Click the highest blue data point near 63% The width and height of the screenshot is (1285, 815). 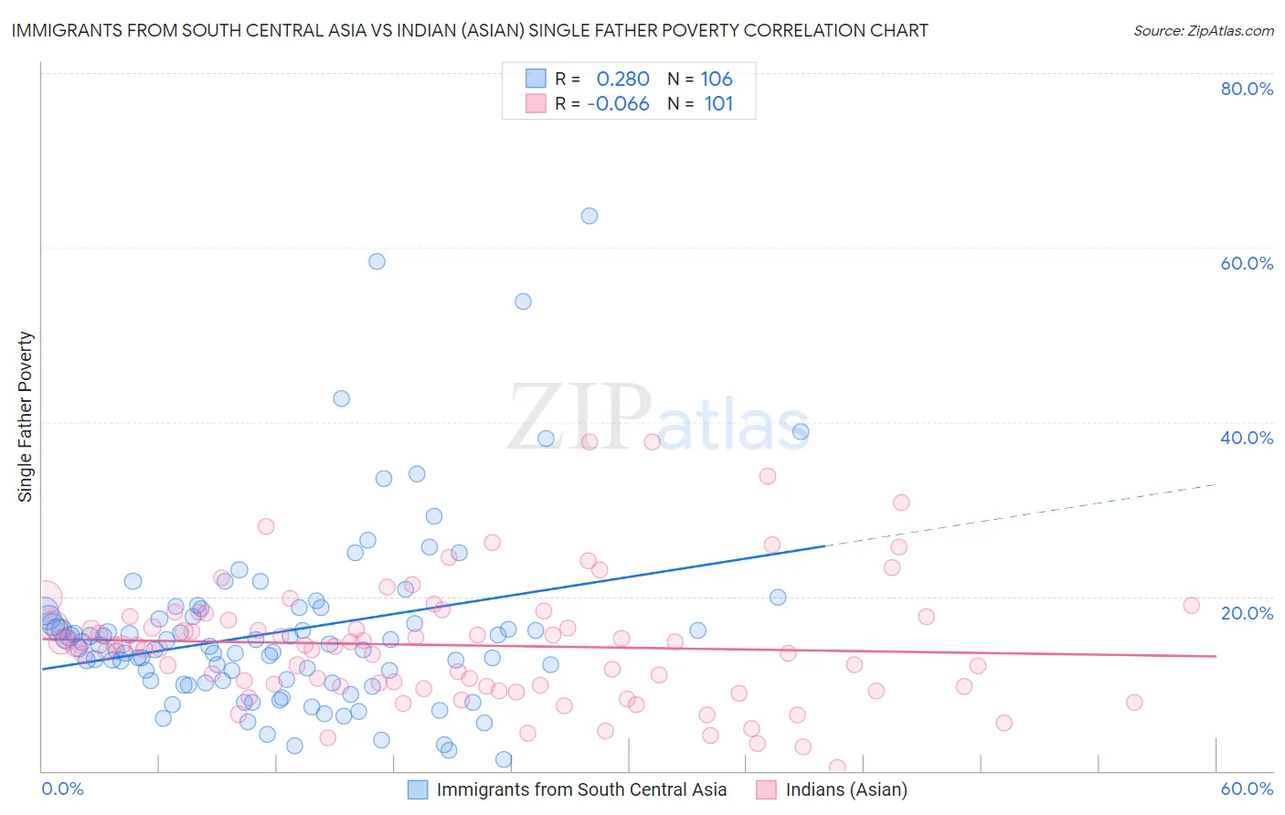click(589, 216)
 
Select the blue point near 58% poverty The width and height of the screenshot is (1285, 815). click(377, 261)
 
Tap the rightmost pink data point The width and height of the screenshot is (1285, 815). click(1191, 605)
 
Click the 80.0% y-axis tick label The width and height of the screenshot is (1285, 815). click(1247, 89)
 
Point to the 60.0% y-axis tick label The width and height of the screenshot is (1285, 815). click(1247, 263)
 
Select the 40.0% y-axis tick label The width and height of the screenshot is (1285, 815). click(1247, 438)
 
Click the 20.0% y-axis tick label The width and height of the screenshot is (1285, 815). click(1247, 613)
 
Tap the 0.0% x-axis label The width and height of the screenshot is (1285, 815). click(62, 789)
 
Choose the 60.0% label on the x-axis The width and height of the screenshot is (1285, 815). click(1247, 789)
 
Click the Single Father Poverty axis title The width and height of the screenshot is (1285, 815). click(26, 417)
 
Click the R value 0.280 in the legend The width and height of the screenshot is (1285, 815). click(622, 79)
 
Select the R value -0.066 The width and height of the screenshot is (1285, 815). click(618, 104)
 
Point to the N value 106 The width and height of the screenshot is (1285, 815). click(717, 79)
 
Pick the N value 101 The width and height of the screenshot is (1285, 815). click(718, 104)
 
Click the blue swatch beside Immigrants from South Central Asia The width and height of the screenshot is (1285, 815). click(418, 789)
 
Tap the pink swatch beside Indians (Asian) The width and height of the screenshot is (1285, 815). click(766, 789)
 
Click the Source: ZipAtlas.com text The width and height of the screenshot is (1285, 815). click(1203, 31)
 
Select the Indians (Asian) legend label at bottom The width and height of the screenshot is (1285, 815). click(846, 789)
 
